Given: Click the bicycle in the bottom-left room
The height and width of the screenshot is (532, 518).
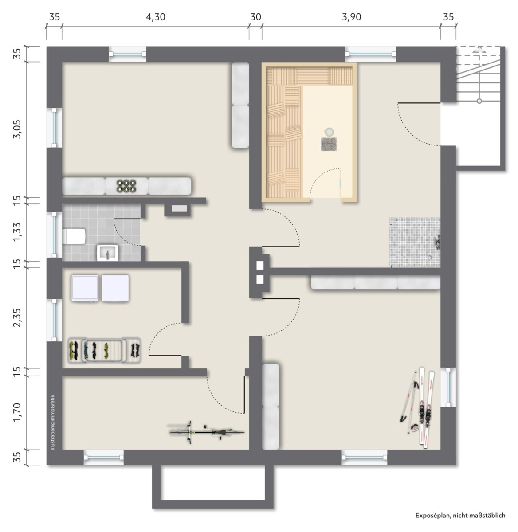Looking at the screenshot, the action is coord(206,432).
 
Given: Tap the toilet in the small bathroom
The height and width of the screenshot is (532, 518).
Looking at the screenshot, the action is coord(74,236).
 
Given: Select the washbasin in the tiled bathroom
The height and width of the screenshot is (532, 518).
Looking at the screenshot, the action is coord(107,253).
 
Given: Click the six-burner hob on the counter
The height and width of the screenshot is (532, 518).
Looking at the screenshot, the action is coord(126,186).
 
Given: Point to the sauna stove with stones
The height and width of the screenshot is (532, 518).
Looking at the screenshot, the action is coord(329,144).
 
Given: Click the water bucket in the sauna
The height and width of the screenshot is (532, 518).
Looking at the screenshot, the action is coord(329,132).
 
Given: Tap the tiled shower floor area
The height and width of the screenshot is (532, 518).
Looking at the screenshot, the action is coord(415,242).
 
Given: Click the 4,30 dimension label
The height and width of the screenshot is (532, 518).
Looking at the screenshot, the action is coord(156,17).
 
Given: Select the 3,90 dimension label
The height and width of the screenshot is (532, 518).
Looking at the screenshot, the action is coord(351,17).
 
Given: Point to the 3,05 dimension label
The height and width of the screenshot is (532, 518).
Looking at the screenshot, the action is coord(17,129).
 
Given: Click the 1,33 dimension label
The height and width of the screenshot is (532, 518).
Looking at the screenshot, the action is coord(17,232).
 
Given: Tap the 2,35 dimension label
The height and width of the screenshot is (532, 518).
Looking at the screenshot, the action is coord(17,317).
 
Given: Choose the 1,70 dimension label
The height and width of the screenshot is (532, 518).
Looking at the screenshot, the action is coord(17,412).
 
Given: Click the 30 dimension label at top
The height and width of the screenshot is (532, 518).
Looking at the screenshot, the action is coord(256,17).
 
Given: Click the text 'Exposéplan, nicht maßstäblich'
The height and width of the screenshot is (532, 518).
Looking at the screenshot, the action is coord(460,516).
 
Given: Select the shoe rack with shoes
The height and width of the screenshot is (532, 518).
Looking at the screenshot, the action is coord(104,351).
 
